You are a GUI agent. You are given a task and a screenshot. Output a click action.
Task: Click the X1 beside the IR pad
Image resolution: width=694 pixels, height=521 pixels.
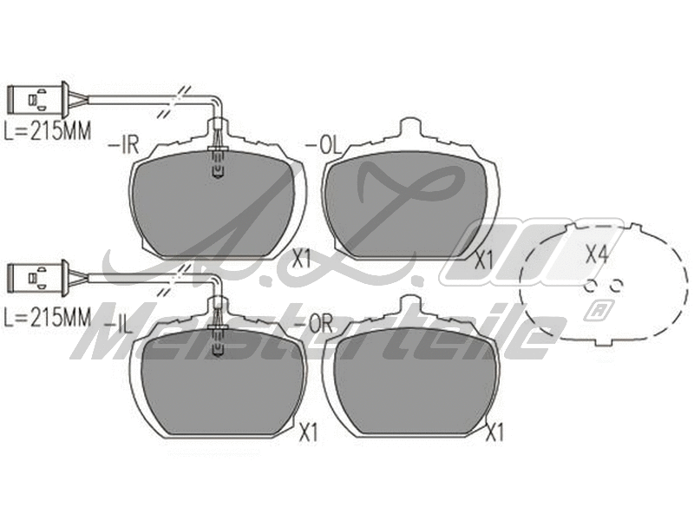coord(302,257)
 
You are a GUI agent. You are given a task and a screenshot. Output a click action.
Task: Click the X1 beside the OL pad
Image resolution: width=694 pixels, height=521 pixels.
coord(484,259)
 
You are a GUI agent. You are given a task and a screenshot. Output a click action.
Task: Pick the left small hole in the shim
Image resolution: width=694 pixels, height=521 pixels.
coord(590,286)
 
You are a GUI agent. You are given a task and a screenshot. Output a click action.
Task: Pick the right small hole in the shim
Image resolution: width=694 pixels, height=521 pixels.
coord(618,286)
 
